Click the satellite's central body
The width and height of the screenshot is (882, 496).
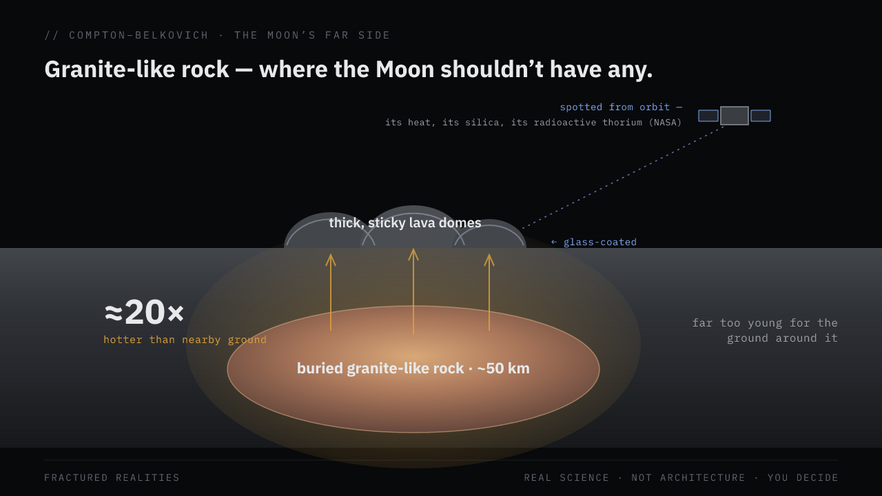[735, 116]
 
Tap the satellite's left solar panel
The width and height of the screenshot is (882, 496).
[708, 116]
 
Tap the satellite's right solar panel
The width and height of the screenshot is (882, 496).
[761, 116]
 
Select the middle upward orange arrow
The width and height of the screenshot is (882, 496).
[413, 291]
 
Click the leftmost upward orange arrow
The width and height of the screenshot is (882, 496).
[331, 292]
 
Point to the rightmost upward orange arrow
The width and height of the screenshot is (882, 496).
[489, 292]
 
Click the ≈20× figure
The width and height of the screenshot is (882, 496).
[144, 312]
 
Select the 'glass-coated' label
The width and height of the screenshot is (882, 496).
[600, 242]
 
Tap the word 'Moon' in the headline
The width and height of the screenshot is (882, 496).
[404, 70]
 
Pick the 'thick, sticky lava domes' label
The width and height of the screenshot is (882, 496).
[404, 223]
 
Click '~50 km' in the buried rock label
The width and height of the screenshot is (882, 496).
[503, 369]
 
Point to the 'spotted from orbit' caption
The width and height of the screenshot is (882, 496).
[615, 107]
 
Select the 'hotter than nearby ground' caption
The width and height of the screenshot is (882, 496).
[185, 340]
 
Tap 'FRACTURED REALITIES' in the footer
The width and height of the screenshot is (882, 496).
[112, 477]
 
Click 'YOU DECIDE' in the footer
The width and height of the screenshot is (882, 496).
[803, 477]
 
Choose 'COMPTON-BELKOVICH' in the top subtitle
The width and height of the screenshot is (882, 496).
[139, 35]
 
